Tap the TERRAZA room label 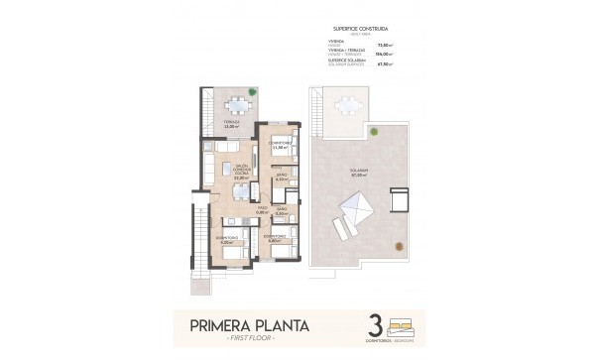pyautogui.click(x=231, y=122)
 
